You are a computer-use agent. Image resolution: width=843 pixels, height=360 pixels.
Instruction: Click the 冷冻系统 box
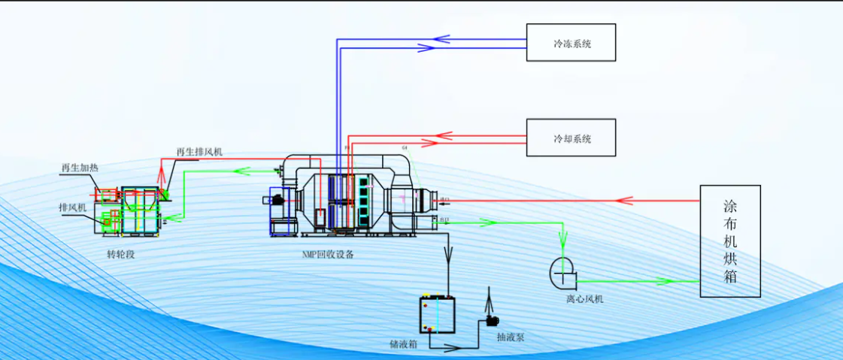click(x=571, y=43)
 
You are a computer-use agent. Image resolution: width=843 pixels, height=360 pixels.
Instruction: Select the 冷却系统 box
click(x=571, y=138)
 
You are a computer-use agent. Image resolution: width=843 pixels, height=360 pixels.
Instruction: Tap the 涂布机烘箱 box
click(x=729, y=241)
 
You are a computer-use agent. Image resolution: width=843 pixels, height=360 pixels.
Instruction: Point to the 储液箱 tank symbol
click(x=437, y=315)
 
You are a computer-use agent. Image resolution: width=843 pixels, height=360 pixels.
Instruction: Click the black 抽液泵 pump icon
click(x=493, y=321)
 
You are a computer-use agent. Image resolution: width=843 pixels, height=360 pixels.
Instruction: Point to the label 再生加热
click(x=80, y=168)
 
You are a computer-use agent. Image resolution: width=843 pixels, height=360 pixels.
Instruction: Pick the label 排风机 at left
click(x=73, y=207)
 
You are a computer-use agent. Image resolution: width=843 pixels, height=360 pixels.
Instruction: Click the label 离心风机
click(x=585, y=299)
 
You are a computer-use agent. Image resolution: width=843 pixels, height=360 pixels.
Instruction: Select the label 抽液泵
click(x=511, y=337)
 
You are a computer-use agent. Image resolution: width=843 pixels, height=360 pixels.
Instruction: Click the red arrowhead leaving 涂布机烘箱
click(x=623, y=201)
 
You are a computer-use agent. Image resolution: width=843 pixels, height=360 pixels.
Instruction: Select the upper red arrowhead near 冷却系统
click(x=444, y=136)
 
